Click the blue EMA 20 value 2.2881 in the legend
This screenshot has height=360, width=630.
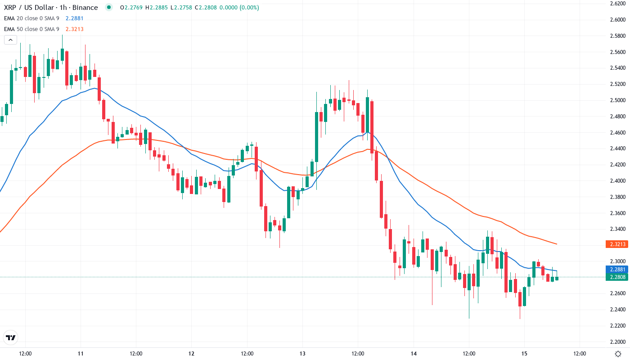[74, 18]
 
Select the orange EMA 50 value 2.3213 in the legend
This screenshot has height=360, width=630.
[74, 29]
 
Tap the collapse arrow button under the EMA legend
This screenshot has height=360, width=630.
[10, 40]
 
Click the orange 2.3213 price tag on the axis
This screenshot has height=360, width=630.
[617, 244]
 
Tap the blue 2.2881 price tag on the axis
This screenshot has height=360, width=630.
[617, 270]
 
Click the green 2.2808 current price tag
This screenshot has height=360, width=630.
[617, 277]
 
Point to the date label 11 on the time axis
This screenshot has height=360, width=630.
[81, 354]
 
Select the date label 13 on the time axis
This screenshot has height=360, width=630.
[302, 354]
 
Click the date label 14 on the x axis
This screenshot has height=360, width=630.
[414, 354]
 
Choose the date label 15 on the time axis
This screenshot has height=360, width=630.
[524, 354]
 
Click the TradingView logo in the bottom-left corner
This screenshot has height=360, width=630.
[10, 337]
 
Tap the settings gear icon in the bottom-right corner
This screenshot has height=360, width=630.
[618, 354]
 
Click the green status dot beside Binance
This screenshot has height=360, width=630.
[108, 7]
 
